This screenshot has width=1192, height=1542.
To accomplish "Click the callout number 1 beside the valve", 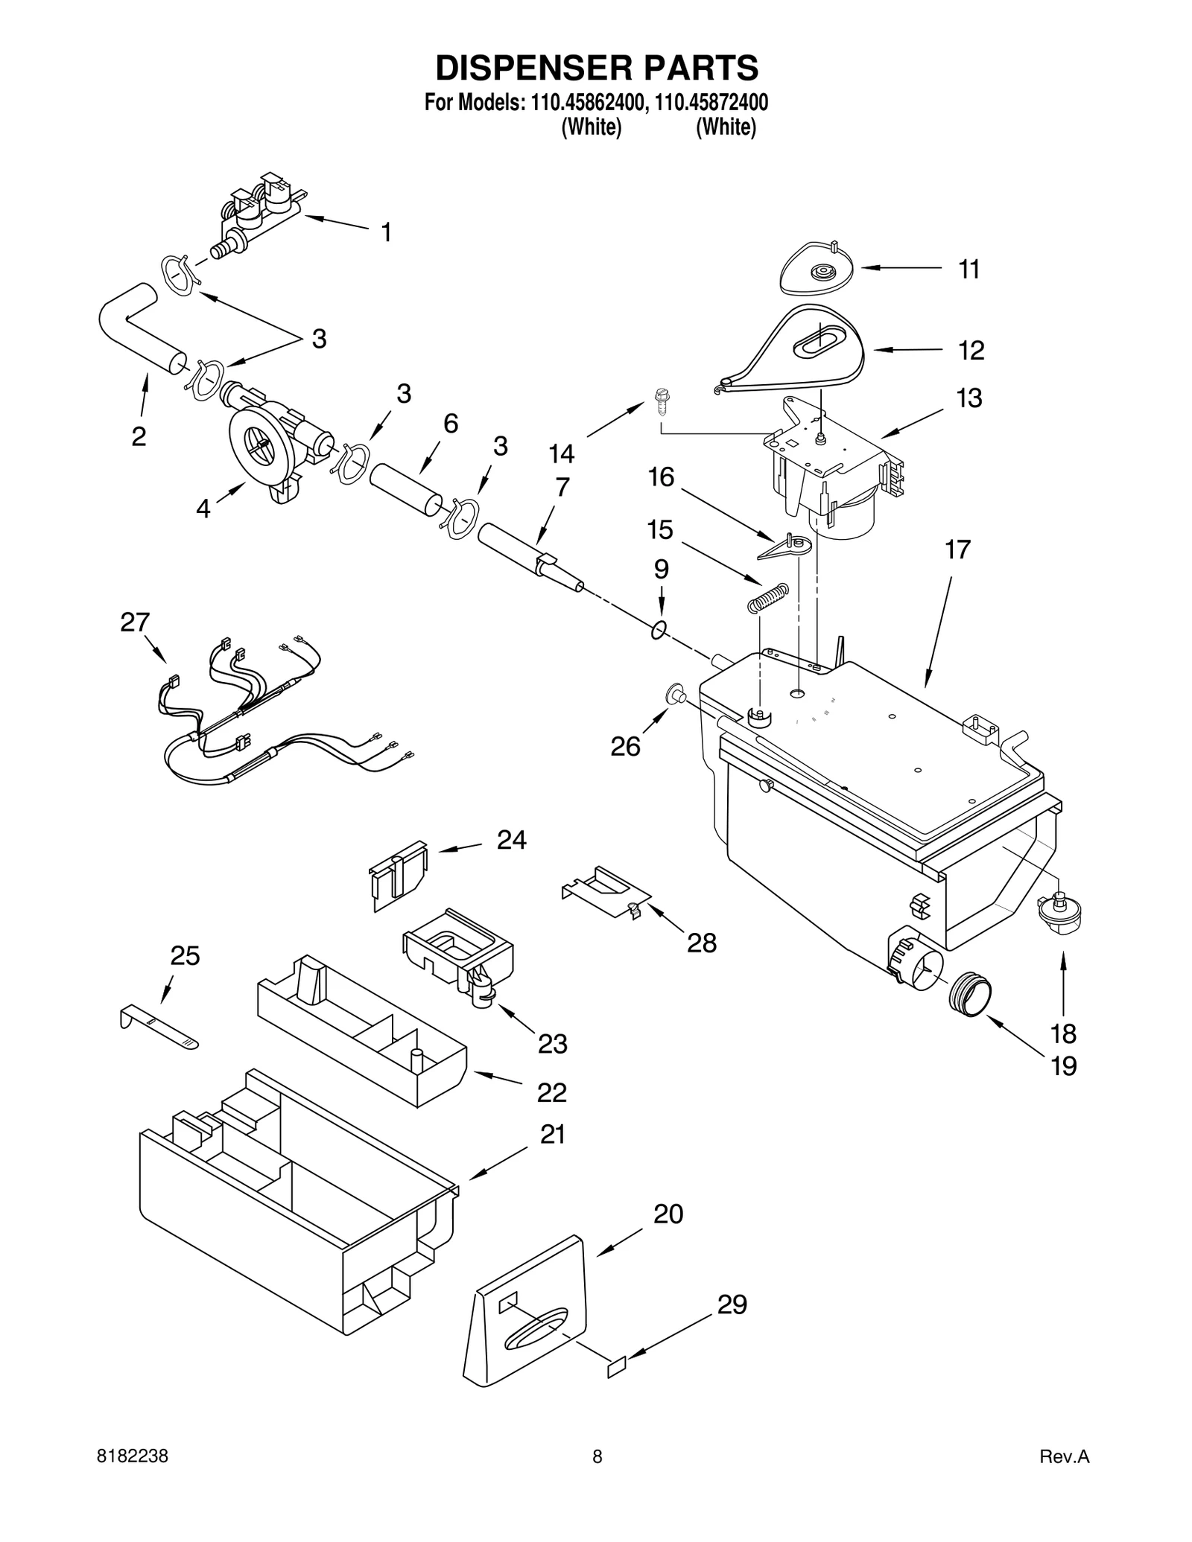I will [x=386, y=233].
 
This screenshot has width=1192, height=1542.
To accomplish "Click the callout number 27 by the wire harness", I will [x=135, y=622].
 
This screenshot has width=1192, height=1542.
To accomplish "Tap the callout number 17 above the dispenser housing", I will [x=957, y=550].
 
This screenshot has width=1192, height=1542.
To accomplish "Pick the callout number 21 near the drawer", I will [x=552, y=1135].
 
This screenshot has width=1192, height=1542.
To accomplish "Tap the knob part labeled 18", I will [x=1059, y=913].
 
